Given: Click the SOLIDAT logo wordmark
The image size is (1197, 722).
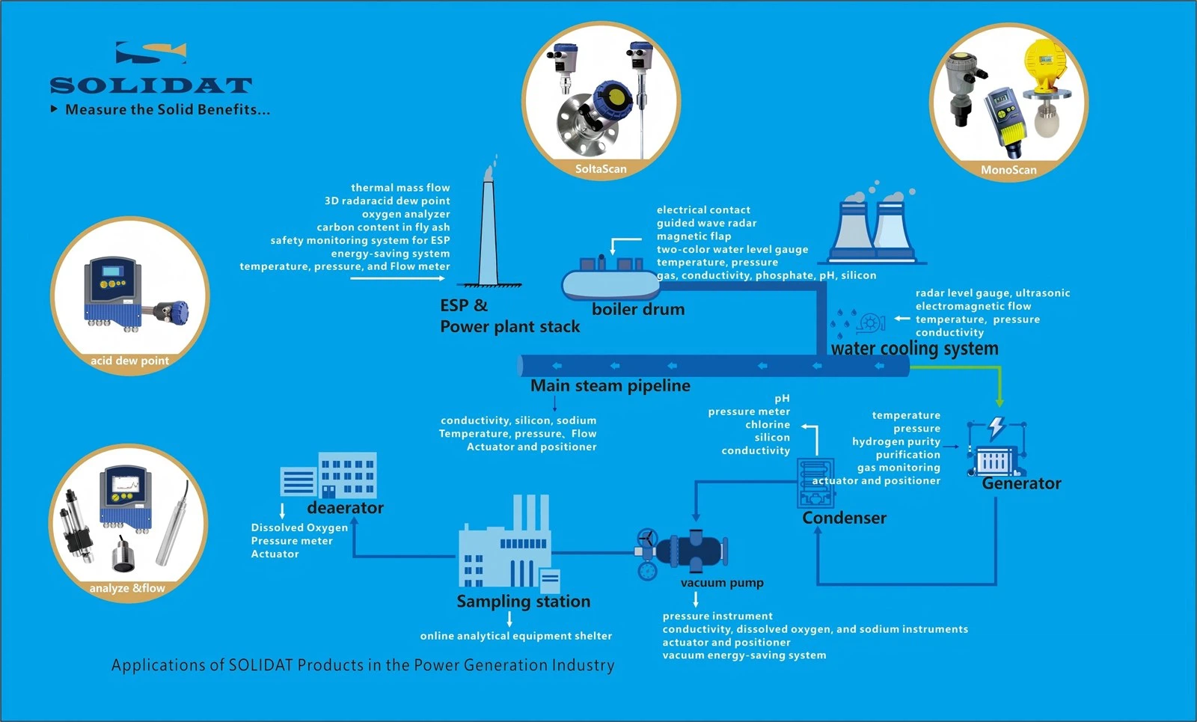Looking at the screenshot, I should pos(150,85).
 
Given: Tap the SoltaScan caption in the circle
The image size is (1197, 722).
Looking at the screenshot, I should pos(601,169).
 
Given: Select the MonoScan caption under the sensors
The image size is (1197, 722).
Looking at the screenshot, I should pos(1008,170).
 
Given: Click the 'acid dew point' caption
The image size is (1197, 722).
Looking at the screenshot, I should pos(129,361).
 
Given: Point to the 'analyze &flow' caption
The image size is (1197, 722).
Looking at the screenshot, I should pos(127,588).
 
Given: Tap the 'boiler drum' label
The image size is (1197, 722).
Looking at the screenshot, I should pos(638,309).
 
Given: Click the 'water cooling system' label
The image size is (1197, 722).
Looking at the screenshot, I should pos(914,349).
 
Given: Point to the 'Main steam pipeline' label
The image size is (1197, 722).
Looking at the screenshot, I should pos(610,385).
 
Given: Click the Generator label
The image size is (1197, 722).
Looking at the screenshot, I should pos(1021,483).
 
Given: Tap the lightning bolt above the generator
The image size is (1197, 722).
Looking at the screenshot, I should pos(997,427).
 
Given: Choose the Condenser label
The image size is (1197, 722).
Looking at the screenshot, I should pos(844,518).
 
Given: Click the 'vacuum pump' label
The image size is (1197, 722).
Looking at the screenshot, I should pos(722,583).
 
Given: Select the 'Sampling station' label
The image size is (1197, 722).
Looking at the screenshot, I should pos(524,602).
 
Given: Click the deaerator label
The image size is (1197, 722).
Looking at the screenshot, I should pos(345,508).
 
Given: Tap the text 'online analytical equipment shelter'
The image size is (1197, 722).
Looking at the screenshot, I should pos(516,636).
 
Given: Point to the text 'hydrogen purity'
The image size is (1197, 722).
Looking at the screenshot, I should pos(896,441).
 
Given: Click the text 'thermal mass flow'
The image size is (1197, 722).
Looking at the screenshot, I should pos(400,188).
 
